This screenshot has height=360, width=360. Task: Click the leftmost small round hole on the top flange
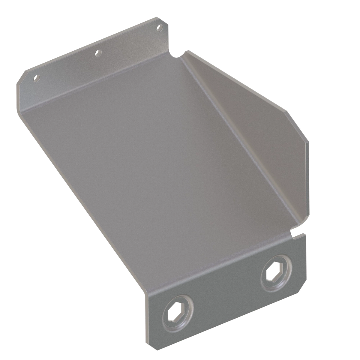pyautogui.click(x=36, y=79)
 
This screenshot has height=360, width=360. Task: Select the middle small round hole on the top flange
pyautogui.click(x=97, y=53)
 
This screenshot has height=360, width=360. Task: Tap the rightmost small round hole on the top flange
pyautogui.click(x=159, y=28)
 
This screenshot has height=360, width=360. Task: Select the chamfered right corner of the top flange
pyautogui.click(x=164, y=20)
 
